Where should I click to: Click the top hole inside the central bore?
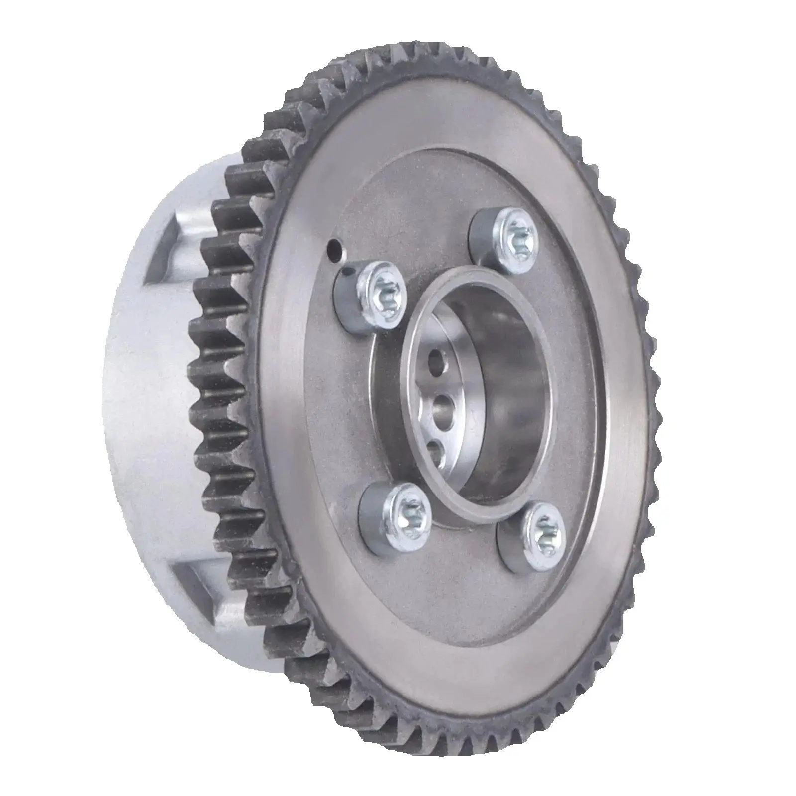(437, 360)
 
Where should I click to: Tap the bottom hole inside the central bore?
(435, 451)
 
